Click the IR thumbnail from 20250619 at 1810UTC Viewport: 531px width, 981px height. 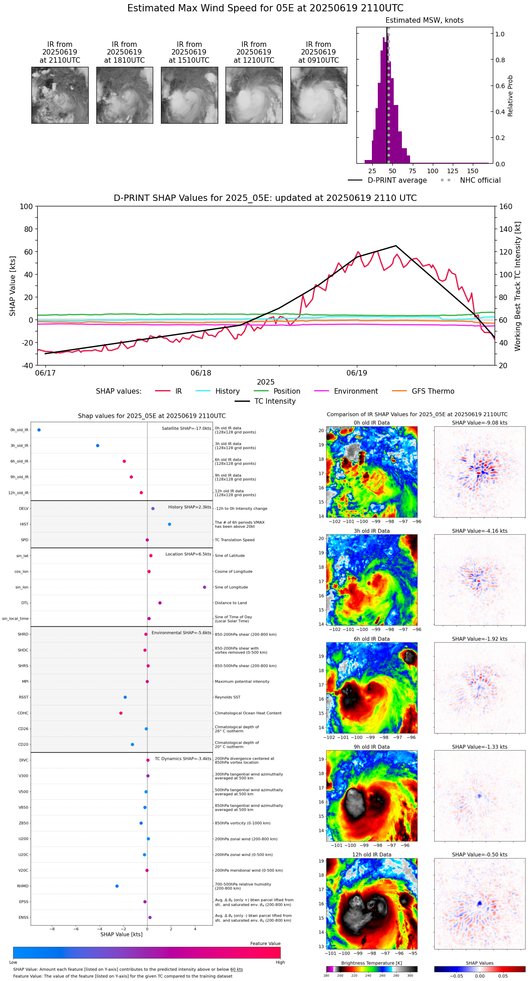click(x=125, y=95)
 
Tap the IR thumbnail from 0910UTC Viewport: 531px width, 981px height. click(x=319, y=95)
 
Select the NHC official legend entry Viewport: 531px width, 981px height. click(x=480, y=180)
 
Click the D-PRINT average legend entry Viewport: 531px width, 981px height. click(x=397, y=180)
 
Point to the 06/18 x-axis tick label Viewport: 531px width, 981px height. click(x=201, y=373)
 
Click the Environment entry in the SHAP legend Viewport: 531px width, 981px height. click(x=356, y=391)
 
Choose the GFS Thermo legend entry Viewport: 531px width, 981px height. click(x=433, y=391)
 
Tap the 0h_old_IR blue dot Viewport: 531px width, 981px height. click(x=39, y=430)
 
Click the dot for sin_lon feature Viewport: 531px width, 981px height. click(x=205, y=587)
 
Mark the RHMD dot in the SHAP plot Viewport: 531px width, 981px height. click(x=117, y=886)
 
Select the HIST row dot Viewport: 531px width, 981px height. click(x=170, y=524)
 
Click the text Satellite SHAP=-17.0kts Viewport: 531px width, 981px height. click(x=186, y=428)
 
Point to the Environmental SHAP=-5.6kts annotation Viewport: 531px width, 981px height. click(x=181, y=633)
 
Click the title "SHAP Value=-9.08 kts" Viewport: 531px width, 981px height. click(x=480, y=423)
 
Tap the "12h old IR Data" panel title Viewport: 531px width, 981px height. click(x=371, y=855)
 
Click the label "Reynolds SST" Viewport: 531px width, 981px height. click(x=228, y=697)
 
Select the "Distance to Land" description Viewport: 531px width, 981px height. click(x=231, y=603)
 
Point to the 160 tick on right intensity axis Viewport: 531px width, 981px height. click(x=506, y=206)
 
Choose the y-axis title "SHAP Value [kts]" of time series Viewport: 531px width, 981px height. click(x=13, y=286)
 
